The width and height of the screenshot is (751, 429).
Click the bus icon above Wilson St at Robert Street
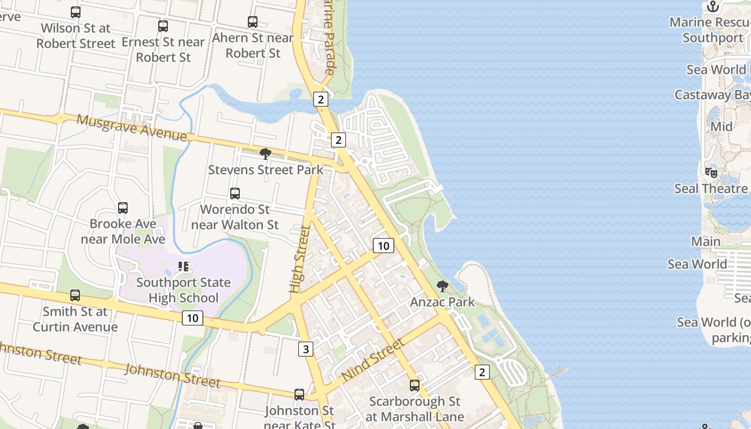click(x=76, y=12)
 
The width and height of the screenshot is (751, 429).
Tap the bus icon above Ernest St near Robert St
click(x=163, y=26)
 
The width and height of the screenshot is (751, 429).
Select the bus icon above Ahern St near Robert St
click(x=253, y=22)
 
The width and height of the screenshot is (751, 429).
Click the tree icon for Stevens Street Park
click(x=265, y=154)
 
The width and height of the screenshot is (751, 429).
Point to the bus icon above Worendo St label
click(x=235, y=194)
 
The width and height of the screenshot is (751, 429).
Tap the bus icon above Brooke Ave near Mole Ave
click(x=123, y=208)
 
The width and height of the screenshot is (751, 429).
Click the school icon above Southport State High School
click(x=183, y=267)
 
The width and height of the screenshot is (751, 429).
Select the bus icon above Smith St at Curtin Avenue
click(x=75, y=295)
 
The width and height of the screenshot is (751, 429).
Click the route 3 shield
click(x=305, y=350)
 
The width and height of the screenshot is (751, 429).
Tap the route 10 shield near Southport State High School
click(x=193, y=318)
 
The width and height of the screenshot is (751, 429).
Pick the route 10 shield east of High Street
click(x=383, y=246)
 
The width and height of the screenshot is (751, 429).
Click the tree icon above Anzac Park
click(x=443, y=286)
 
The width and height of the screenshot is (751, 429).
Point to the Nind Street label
click(x=373, y=360)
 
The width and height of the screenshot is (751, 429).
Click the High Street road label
click(x=300, y=260)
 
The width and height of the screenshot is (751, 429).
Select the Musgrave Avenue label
click(x=131, y=128)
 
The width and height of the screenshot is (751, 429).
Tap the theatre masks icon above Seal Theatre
click(x=711, y=173)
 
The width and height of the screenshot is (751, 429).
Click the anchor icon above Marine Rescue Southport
click(x=713, y=6)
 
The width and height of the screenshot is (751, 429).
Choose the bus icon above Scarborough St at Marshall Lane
click(x=414, y=386)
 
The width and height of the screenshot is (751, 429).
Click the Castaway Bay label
click(x=712, y=95)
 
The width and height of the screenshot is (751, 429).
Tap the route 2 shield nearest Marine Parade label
click(x=320, y=99)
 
